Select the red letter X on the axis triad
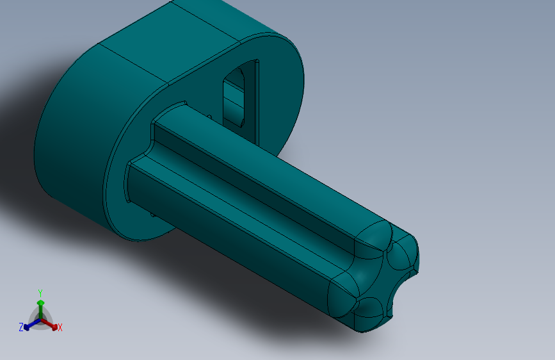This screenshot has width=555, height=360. [x=60, y=328]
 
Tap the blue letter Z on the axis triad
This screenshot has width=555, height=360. [x=21, y=327]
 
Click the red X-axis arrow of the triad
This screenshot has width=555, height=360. [x=52, y=324]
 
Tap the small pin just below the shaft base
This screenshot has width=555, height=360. [x=154, y=215]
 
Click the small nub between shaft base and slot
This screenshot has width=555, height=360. [x=210, y=116]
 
